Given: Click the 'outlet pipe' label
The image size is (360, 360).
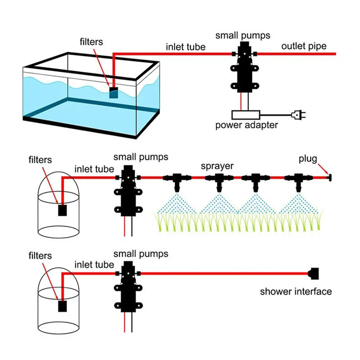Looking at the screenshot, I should tap(304, 46).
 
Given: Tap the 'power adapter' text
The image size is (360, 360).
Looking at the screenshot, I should tap(246, 125).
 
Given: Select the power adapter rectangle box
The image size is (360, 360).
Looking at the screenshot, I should tap(243, 115).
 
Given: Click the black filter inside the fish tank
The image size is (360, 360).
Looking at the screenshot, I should tap(114, 92).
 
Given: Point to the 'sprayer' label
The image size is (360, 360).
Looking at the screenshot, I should tap(217, 166).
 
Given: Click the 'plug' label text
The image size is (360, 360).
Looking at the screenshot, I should tap(308, 159).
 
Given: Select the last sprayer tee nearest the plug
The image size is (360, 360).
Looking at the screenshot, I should tap(297, 180).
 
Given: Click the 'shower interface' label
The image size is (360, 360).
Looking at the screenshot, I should tap(296, 291).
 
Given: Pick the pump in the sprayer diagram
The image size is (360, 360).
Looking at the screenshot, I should tap(127, 191).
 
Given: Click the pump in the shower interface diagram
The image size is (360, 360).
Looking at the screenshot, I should tap(127, 288).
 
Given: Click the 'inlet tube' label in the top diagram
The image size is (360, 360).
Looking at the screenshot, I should tap(186, 47).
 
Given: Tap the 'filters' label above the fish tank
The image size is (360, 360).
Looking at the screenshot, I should tap(91, 42).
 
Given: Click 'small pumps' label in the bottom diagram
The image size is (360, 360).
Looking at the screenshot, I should tap(140, 254).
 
